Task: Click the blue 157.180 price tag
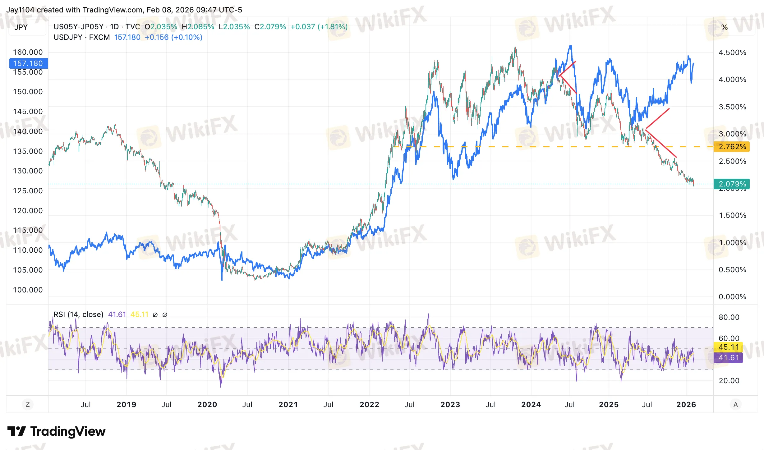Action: point(28,63)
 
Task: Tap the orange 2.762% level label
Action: point(732,147)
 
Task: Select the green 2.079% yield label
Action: point(732,184)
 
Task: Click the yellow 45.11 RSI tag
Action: point(729,347)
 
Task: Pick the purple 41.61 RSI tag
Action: point(729,358)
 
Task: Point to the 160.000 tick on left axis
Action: point(28,52)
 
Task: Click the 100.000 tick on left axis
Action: point(28,290)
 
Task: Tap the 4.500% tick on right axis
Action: point(732,53)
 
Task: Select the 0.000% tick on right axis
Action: point(732,297)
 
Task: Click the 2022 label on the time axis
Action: point(369,405)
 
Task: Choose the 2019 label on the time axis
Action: point(126,405)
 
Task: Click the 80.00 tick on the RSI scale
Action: point(729,317)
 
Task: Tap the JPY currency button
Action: point(21,27)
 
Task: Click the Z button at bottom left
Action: point(28,405)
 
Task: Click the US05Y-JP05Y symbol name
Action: point(78,27)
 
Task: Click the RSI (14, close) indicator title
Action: point(78,315)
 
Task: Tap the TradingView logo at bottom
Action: point(57,431)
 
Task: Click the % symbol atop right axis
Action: point(725,27)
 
